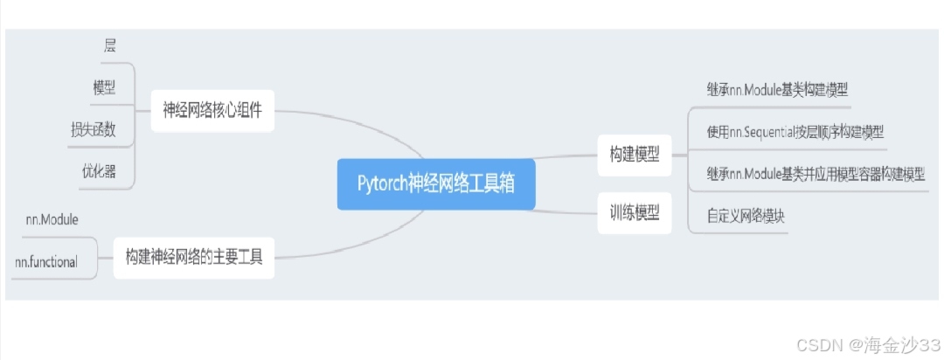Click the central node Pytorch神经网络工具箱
pyautogui.click(x=435, y=184)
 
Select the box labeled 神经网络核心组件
pyautogui.click(x=212, y=111)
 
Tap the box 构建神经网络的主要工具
pyautogui.click(x=194, y=258)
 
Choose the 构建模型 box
pyautogui.click(x=635, y=156)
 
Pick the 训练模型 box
pyautogui.click(x=635, y=212)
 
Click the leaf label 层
pyautogui.click(x=109, y=45)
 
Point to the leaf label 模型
pyautogui.click(x=104, y=87)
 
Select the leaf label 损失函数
pyautogui.click(x=94, y=130)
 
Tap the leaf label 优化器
pyautogui.click(x=99, y=171)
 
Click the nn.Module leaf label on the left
pyautogui.click(x=52, y=218)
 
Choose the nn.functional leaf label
pyautogui.click(x=46, y=261)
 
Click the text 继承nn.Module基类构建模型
pyautogui.click(x=777, y=89)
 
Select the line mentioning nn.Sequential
pyautogui.click(x=795, y=132)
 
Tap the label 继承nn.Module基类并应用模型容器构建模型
pyautogui.click(x=815, y=174)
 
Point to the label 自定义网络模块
pyautogui.click(x=746, y=216)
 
